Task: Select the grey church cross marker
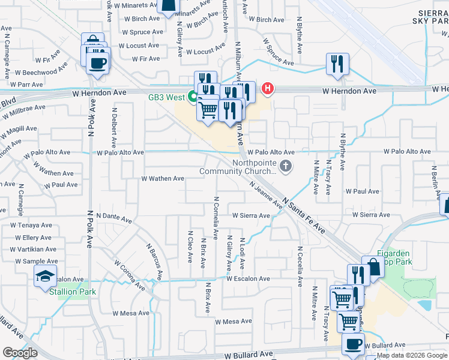point(286,167)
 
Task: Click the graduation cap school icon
point(44,277)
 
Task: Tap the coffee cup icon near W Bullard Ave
point(353,344)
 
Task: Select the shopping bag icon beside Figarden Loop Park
point(373,268)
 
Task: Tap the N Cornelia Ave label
point(215,215)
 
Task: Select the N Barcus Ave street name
point(154,262)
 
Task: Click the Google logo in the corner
point(20,353)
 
